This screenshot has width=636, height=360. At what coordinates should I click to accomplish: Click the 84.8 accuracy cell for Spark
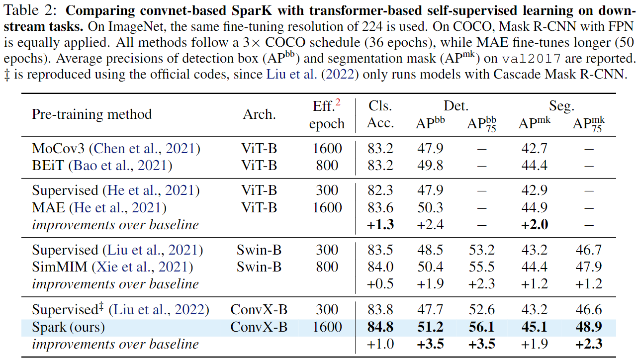(380, 327)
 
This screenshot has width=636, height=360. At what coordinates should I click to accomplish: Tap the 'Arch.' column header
(259, 114)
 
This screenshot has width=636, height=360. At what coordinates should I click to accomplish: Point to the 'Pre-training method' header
(92, 114)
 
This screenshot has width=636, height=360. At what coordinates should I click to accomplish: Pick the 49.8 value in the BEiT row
(430, 166)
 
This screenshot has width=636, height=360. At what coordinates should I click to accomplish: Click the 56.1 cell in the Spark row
(481, 327)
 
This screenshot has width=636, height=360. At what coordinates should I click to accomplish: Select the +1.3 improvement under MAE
(380, 225)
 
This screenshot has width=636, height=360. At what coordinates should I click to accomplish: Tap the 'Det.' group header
(456, 106)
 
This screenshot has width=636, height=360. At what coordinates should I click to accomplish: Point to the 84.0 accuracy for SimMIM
(380, 268)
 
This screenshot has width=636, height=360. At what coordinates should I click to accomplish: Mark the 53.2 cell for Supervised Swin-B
(481, 250)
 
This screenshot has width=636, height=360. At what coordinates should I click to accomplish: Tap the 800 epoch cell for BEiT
(327, 166)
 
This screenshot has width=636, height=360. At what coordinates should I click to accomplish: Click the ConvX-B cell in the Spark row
(259, 327)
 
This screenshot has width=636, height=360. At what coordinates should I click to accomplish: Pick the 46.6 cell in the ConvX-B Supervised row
(588, 310)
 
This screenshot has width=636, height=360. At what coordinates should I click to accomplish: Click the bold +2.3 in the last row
(588, 344)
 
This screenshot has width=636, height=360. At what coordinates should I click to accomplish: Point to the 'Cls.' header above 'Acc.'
(380, 106)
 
